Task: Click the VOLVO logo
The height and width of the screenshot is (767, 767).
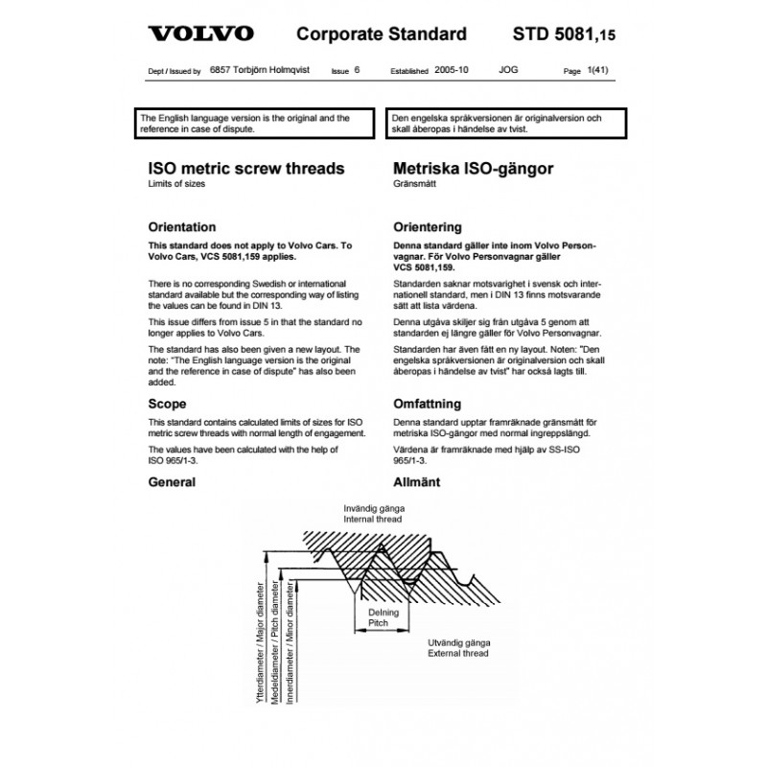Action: pyautogui.click(x=200, y=35)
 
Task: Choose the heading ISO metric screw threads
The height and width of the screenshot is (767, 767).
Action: pyautogui.click(x=245, y=168)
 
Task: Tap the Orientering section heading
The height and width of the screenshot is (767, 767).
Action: pyautogui.click(x=428, y=228)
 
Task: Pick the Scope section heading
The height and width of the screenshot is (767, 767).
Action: pyautogui.click(x=168, y=404)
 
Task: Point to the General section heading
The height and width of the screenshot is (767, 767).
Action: pyautogui.click(x=173, y=482)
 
